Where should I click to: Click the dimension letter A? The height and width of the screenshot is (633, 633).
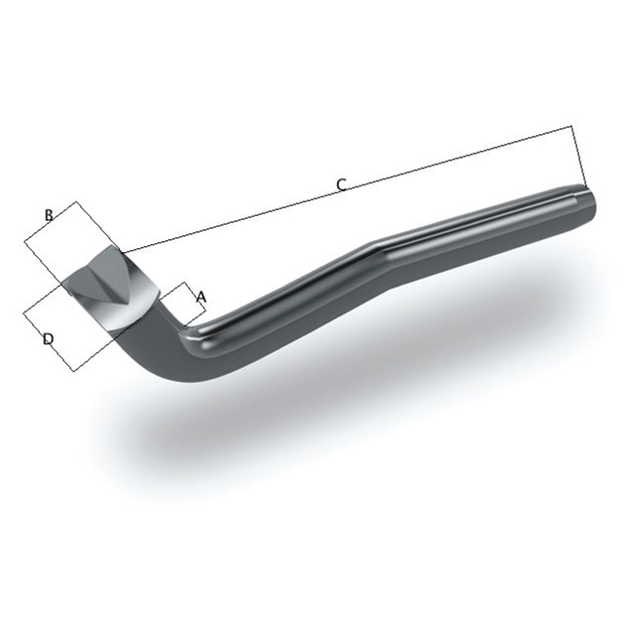[x=201, y=296]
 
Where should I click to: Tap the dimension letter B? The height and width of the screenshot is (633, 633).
[x=49, y=215]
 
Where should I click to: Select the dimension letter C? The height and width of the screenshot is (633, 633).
[x=341, y=184]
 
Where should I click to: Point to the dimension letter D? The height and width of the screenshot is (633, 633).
[x=47, y=340]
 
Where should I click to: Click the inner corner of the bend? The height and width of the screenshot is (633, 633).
[x=185, y=329]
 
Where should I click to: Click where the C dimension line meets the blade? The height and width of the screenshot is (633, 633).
[x=122, y=253]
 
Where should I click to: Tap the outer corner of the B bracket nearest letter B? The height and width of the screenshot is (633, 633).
[x=77, y=202]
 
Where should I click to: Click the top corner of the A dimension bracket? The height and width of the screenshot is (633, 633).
[x=185, y=282]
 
